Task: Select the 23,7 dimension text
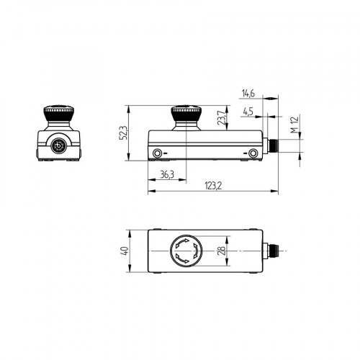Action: tap(222, 117)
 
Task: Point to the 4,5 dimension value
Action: tap(248, 112)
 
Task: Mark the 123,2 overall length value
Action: tap(212, 186)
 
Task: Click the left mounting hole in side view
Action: tap(158, 153)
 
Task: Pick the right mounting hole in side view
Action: tap(253, 153)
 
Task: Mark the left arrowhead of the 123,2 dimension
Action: tap(149, 192)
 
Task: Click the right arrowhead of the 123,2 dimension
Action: tap(276, 192)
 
